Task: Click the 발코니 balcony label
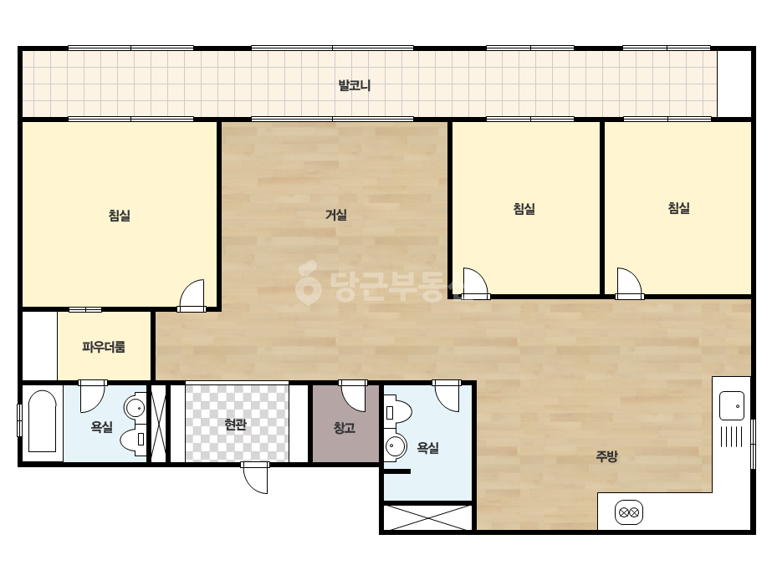pos(355,85)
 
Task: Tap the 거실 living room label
pos(336,215)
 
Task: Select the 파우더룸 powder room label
pos(104,347)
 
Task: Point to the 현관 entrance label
pos(235,425)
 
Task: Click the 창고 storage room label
pos(344,428)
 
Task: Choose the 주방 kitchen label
pos(606,456)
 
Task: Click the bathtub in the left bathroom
pos(43,421)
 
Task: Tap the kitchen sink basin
pos(732,406)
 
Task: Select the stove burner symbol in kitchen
pos(629,512)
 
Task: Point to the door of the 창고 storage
pos(353,395)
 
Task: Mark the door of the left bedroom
pos(192,296)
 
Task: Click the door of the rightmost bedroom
pos(629,283)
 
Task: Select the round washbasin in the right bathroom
pos(396,447)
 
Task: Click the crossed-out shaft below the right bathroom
pos(427,517)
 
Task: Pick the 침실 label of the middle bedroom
pos(524,209)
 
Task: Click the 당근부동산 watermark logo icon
pos(309,282)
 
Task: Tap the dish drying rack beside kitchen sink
pos(732,436)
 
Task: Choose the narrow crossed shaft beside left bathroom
pos(158,423)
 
